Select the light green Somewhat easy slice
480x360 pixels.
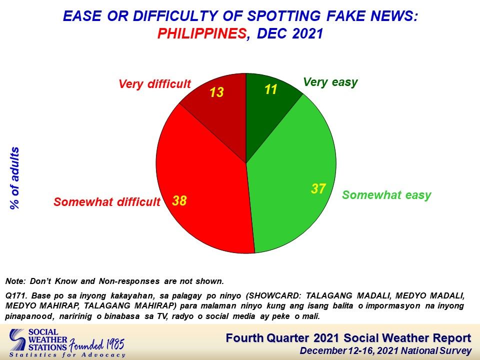coord(294,183)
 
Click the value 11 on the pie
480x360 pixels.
coord(270,89)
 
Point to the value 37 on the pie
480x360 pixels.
coord(318,188)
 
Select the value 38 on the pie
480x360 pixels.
coord(179,201)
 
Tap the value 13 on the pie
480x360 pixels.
coord(216,92)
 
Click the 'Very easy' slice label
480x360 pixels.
coord(330,82)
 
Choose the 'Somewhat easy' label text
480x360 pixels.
coord(386,195)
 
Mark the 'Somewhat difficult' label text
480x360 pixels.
coord(107,202)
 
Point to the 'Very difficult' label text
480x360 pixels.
coord(154,84)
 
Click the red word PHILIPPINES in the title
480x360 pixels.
coord(202,33)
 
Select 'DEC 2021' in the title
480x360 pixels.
coord(290,33)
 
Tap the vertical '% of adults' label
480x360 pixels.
coord(14,178)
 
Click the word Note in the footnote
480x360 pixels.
coord(14,281)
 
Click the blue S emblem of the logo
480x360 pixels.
coord(17,340)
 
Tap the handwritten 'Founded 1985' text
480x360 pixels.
coord(96,345)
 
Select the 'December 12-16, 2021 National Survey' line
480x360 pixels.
coord(385,351)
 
